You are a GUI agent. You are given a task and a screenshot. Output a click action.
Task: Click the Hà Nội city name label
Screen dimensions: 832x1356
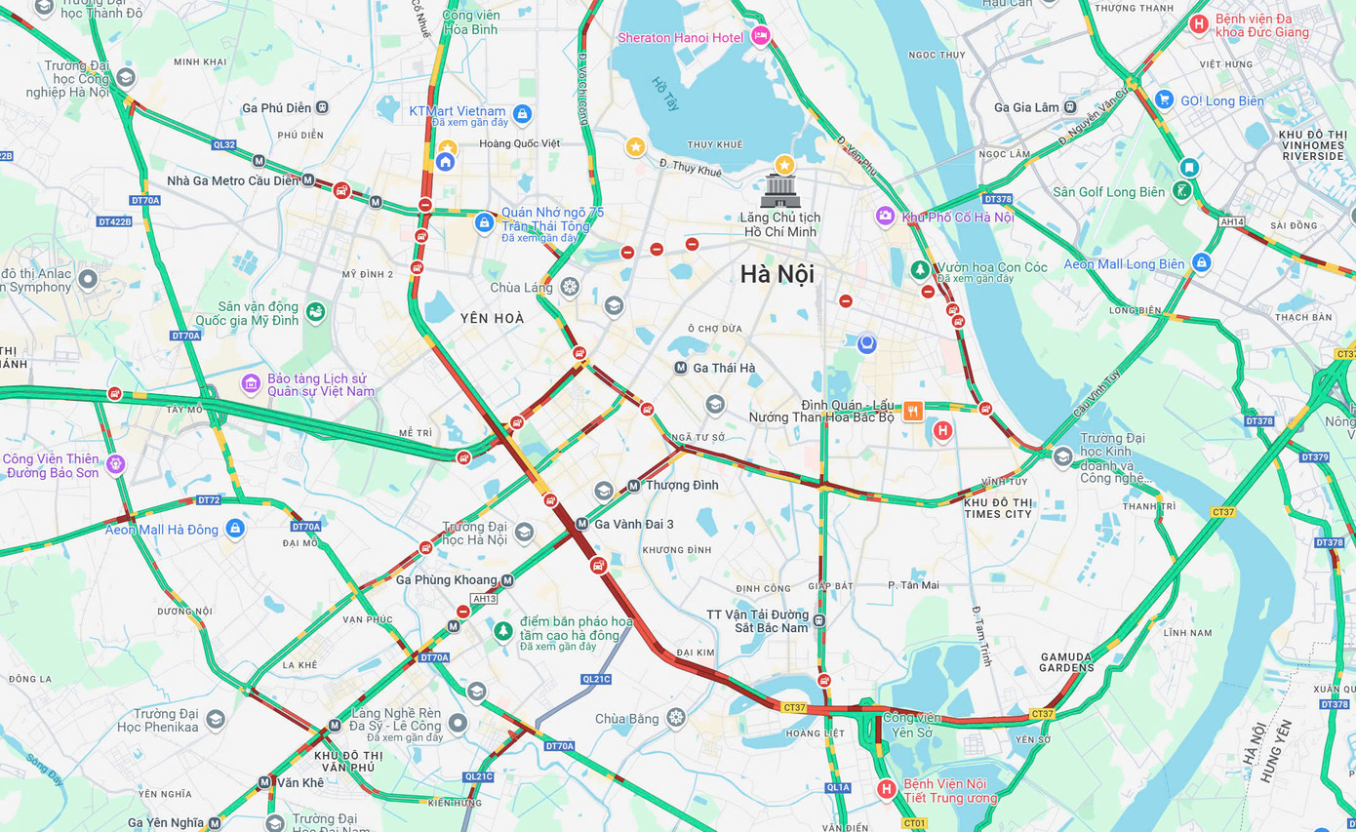(x=777, y=274)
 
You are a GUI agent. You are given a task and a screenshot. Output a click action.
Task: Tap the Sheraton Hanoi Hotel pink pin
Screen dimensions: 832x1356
(x=761, y=36)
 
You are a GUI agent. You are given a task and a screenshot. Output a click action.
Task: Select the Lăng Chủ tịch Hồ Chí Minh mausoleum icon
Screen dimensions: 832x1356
(x=780, y=190)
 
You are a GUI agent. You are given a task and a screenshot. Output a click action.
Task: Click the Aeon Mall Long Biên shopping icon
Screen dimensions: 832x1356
(x=1201, y=262)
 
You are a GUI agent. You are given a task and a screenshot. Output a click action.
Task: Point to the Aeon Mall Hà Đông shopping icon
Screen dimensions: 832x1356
(x=234, y=529)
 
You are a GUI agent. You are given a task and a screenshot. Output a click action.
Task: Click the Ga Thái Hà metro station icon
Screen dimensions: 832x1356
(x=681, y=368)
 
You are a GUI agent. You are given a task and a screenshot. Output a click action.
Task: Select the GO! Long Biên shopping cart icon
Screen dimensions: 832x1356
(x=1163, y=99)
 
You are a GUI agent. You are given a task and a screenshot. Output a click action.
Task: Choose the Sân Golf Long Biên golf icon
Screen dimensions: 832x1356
(x=1182, y=190)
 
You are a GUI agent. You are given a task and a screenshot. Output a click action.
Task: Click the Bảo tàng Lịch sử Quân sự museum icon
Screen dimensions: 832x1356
(x=251, y=383)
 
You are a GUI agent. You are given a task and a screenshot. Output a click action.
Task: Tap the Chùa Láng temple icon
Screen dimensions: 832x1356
(x=570, y=287)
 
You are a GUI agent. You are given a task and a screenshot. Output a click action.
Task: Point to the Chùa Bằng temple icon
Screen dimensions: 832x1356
(x=676, y=718)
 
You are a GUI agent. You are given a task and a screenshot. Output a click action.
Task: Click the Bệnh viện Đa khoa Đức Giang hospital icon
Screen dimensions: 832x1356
(x=1199, y=23)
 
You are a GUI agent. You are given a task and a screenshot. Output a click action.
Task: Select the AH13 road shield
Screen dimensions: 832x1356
(x=484, y=599)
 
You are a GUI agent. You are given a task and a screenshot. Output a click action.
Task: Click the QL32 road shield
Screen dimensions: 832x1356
(x=223, y=144)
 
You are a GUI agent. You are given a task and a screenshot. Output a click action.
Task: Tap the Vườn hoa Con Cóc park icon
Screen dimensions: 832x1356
(x=919, y=268)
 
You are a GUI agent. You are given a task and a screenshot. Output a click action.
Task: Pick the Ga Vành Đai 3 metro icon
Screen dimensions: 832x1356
(x=581, y=524)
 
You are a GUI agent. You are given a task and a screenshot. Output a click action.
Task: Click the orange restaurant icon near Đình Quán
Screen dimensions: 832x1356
(x=913, y=411)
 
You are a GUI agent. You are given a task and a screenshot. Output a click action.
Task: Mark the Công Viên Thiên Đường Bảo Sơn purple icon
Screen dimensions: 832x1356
(x=116, y=464)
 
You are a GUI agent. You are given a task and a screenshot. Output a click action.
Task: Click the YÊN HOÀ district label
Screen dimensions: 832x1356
(x=492, y=318)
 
